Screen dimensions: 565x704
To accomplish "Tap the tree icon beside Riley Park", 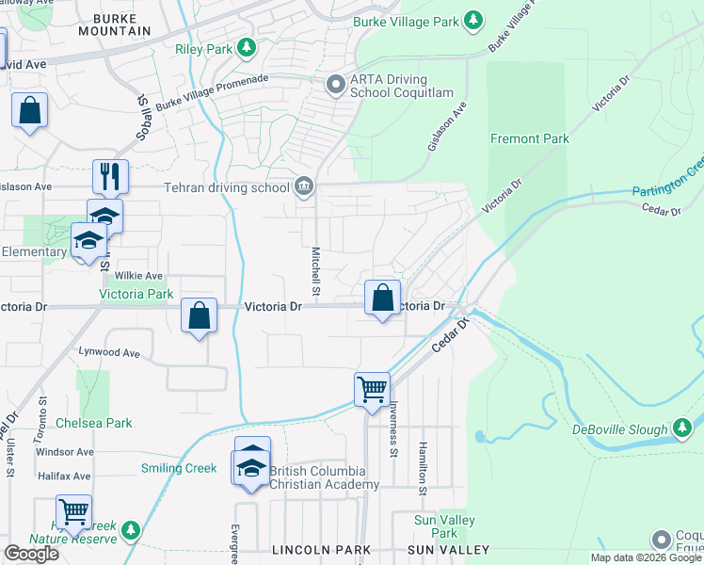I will coord(247,46).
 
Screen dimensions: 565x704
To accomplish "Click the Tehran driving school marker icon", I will coord(304,186).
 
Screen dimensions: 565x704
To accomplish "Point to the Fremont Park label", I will coord(530,138).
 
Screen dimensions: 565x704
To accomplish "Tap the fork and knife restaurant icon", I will coord(110,175).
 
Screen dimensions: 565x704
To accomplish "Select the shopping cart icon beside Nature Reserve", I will coord(72,511).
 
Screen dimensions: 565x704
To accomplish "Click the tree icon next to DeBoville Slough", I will coord(683,429).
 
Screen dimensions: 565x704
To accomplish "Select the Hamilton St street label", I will coord(423,468).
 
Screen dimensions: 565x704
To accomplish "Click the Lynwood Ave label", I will coord(110,353).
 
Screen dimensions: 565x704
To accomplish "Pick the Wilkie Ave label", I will coord(138,276).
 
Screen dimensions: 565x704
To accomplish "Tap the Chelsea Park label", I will coord(94,423).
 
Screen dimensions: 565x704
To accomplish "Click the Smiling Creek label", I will coord(179,468).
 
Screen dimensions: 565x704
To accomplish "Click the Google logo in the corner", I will coord(30,554).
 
